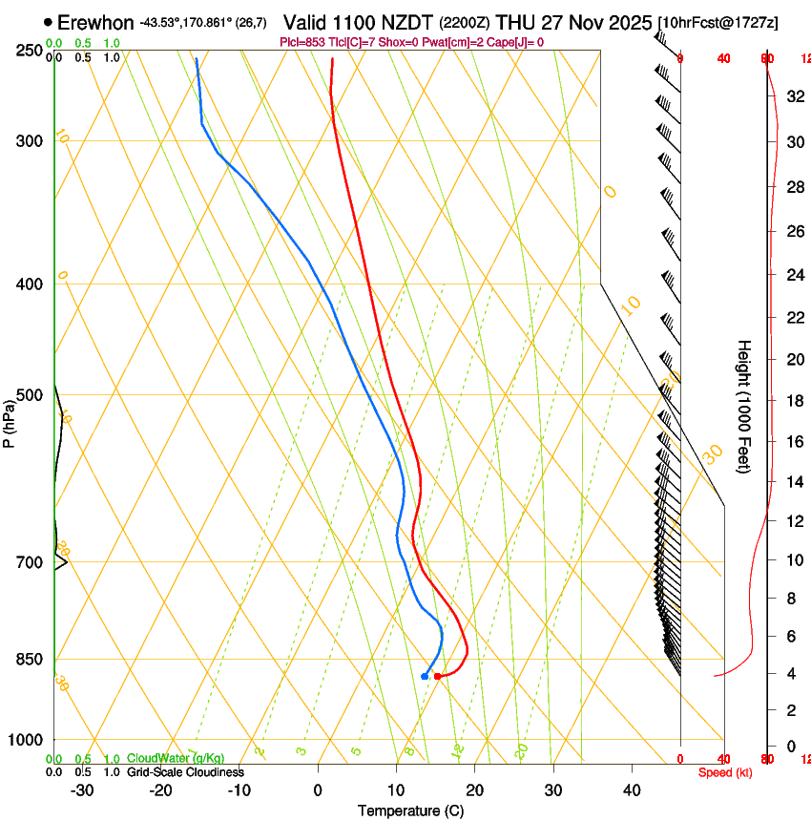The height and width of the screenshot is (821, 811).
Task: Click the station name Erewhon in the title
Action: pos(95,22)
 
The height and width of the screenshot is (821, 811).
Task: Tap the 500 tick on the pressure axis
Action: pos(30,395)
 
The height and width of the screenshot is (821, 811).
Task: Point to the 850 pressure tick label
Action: pos(30,660)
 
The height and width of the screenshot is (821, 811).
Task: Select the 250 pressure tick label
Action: pos(30,51)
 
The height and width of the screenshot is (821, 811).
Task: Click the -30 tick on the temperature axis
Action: pos(82,790)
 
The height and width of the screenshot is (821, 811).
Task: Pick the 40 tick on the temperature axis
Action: pos(632,790)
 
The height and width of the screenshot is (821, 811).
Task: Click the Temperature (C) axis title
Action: pos(410,810)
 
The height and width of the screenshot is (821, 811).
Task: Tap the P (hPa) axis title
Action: pos(10,420)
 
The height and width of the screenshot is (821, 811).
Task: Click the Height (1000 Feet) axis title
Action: pos(744,406)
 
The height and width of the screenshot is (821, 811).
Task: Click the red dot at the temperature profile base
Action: pos(437,676)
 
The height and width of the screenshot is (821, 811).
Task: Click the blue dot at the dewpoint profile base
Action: pos(425,676)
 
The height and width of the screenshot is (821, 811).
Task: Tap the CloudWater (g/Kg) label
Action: pos(162,759)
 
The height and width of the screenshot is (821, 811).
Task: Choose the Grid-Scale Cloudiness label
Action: pos(185,772)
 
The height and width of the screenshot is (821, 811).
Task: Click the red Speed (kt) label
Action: pos(725,772)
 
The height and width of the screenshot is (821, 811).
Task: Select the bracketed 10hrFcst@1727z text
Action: pos(717,22)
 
